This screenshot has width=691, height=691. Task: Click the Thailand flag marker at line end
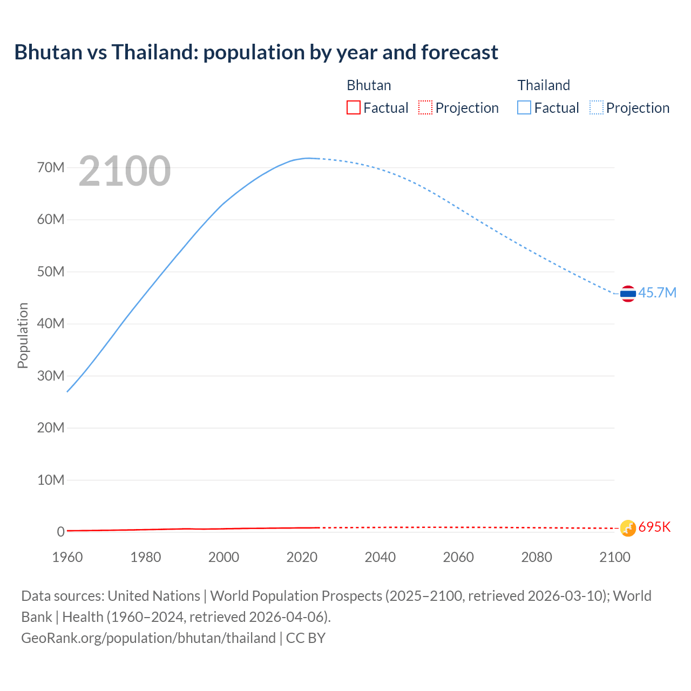click(628, 294)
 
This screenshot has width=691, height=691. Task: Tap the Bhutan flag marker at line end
click(628, 528)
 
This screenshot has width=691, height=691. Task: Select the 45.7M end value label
click(657, 293)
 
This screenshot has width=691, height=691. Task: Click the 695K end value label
click(654, 527)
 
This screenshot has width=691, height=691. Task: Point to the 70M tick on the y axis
click(51, 167)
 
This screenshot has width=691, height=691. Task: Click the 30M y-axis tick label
click(51, 376)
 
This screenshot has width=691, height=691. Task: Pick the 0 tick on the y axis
click(60, 532)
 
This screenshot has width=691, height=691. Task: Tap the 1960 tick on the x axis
click(67, 557)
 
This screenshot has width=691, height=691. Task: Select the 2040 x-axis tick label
click(380, 557)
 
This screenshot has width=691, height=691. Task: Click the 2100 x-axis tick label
click(614, 557)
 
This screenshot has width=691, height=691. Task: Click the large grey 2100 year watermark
click(125, 171)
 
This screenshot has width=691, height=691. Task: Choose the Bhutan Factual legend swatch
click(354, 108)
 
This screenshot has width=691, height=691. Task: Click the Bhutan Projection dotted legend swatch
click(425, 108)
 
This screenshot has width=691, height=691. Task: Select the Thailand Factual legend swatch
click(524, 108)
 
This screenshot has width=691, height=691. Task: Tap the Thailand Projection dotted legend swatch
click(597, 108)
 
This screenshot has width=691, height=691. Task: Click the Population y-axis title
click(23, 335)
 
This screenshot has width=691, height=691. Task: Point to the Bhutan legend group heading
click(369, 85)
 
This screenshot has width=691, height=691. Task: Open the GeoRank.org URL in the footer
click(148, 638)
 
